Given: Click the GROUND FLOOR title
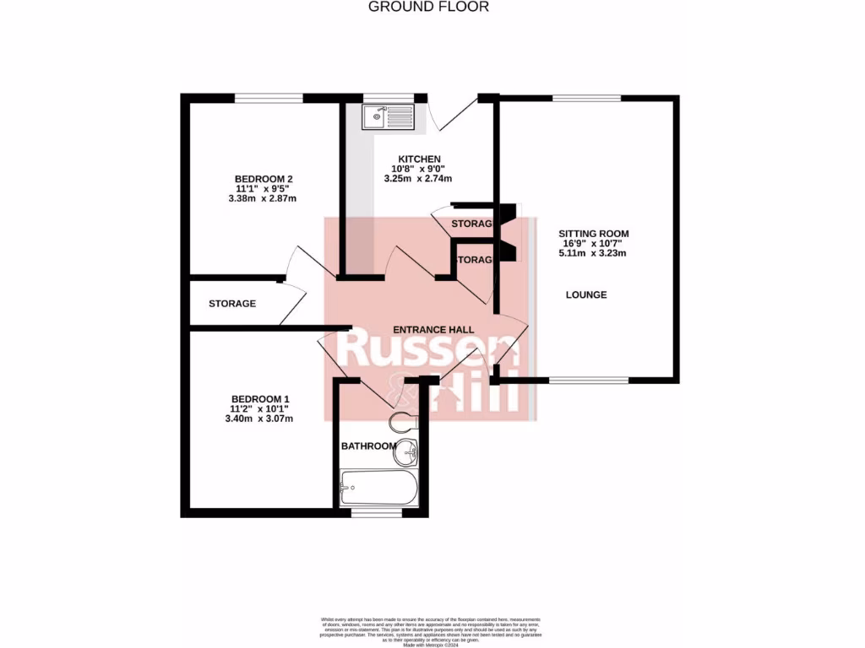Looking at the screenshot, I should [x=428, y=7].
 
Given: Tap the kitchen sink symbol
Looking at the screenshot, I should [x=388, y=116].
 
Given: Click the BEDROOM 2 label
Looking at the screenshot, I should [x=263, y=179].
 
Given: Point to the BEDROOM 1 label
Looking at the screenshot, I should [x=261, y=399].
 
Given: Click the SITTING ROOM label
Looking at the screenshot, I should [x=593, y=234].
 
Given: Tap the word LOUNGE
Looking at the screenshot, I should [x=586, y=294].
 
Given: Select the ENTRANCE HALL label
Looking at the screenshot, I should [x=433, y=329].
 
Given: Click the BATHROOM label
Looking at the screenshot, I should [x=368, y=445].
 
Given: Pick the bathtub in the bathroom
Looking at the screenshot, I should [x=378, y=488].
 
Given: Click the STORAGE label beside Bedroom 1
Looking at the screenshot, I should [x=232, y=304].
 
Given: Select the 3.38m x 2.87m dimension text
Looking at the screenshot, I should [x=262, y=199].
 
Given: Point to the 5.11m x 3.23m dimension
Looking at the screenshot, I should [x=593, y=253].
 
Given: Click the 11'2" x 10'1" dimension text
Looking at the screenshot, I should [x=261, y=409].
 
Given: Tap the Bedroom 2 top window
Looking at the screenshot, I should [x=269, y=98].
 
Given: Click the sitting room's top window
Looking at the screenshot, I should [x=586, y=98].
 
